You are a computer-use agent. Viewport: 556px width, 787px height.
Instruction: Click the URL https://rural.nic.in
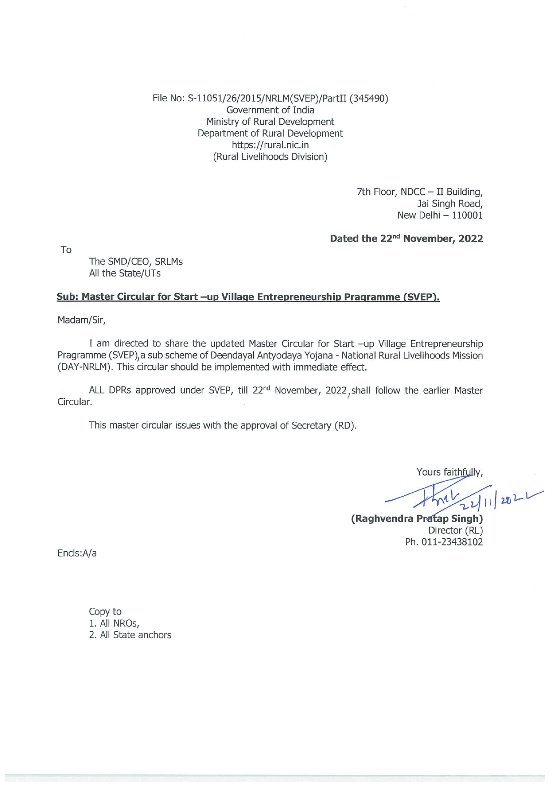point(270,145)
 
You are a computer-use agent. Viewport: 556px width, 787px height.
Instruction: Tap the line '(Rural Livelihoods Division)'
point(270,157)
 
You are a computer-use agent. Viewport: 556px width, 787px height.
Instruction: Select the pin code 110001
point(467,215)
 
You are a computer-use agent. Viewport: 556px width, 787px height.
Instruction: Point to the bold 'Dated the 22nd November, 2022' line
point(406,238)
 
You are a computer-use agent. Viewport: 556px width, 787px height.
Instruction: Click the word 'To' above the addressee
point(66,250)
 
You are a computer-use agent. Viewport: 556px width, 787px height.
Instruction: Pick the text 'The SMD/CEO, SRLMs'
point(136,262)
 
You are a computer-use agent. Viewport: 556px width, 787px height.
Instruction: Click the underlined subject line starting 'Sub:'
point(248,297)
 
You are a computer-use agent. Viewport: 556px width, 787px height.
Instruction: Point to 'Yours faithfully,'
point(449,472)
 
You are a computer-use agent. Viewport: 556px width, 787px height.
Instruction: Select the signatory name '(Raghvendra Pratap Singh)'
point(417,519)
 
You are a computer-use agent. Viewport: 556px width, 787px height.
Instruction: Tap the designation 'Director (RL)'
point(455,530)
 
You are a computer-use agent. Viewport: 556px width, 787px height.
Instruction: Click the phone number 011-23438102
point(453,542)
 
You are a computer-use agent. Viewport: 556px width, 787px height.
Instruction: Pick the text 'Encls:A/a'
point(77,553)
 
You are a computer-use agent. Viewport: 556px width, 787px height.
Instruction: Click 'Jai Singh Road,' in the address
point(450,203)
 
